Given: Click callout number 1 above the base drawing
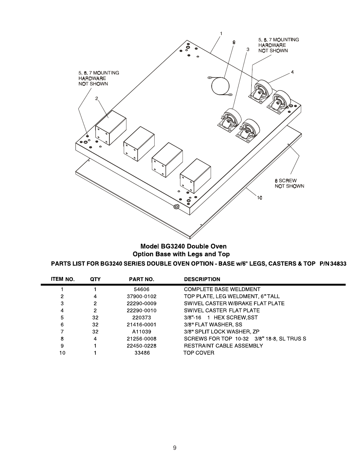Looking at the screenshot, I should coord(221,34).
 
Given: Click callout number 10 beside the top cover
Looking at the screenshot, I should coord(260,197).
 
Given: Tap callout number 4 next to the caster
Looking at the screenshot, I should coord(292,72).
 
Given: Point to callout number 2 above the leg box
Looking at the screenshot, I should coord(97,98).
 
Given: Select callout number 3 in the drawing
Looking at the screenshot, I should coord(248,49).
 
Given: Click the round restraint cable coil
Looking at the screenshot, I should coord(220,86).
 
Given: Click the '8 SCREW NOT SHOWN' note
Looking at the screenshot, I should coord(289,183).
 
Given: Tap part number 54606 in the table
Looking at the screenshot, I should coord(142,289).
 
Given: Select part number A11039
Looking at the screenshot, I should coord(142,332).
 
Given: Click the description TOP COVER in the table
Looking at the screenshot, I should coord(199,353).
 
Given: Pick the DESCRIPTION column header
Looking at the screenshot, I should coord(202,280).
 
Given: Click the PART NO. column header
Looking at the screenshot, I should coord(142,280).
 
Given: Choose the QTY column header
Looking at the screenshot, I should coord(95,280).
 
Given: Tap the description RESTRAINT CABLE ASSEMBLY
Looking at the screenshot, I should coord(223,346).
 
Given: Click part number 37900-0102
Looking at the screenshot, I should coord(142,296).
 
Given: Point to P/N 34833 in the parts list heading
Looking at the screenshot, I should coord(333,264).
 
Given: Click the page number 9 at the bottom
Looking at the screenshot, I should coord(175,448).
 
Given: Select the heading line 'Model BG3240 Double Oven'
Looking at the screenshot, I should coord(183,246).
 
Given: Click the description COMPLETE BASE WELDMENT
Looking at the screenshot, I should coord(222,289).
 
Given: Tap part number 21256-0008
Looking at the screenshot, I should coord(142,338).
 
